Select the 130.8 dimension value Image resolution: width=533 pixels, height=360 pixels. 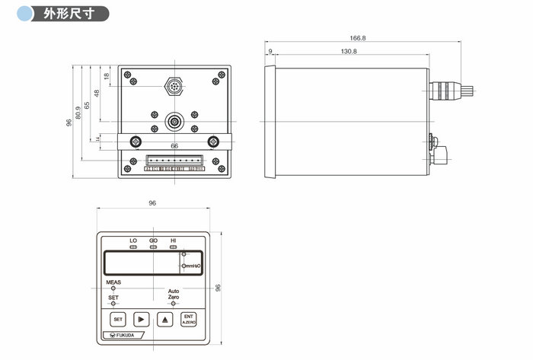click(x=349, y=51)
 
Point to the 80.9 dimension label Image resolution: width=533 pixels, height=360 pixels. click(x=78, y=113)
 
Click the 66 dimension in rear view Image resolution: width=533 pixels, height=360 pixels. click(x=174, y=145)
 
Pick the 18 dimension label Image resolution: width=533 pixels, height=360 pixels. click(x=107, y=75)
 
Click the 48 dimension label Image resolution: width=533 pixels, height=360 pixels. click(x=97, y=94)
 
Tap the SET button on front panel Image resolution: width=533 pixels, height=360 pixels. click(x=118, y=319)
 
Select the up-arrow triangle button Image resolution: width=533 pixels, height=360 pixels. click(x=164, y=319)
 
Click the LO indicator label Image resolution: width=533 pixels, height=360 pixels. click(x=133, y=241)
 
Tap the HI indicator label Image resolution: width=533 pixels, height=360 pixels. click(x=173, y=241)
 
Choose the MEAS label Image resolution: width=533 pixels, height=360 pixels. click(x=113, y=282)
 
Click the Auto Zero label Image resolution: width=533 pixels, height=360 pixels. click(x=174, y=294)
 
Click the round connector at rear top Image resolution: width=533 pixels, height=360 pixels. click(x=174, y=87)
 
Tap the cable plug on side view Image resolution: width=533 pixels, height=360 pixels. click(x=451, y=92)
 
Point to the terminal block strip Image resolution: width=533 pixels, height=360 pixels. click(x=174, y=161)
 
